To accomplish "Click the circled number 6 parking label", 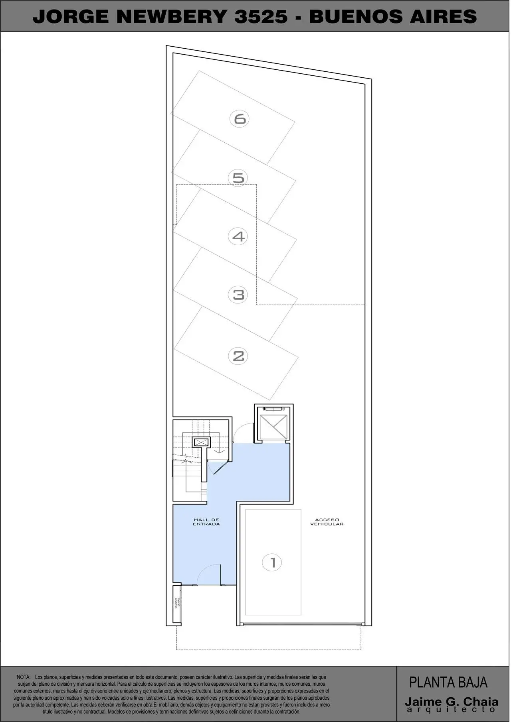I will pyautogui.click(x=240, y=119).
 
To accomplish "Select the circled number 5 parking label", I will pyautogui.click(x=238, y=177).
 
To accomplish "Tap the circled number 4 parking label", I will pyautogui.click(x=238, y=237).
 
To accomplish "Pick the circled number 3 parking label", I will pyautogui.click(x=238, y=295).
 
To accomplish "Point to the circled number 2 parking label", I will pyautogui.click(x=238, y=356).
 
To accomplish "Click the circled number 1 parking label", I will pyautogui.click(x=273, y=563).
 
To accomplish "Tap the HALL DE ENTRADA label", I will pyautogui.click(x=206, y=522).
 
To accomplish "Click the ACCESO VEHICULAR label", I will pyautogui.click(x=327, y=522).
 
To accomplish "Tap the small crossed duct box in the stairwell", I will pyautogui.click(x=200, y=442).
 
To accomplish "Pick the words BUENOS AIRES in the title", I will pyautogui.click(x=393, y=17).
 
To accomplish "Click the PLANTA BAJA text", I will pyautogui.click(x=448, y=682).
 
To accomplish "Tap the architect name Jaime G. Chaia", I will pyautogui.click(x=451, y=701).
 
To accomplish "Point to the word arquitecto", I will pyautogui.click(x=451, y=710).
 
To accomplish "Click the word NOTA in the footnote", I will pyautogui.click(x=24, y=677).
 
